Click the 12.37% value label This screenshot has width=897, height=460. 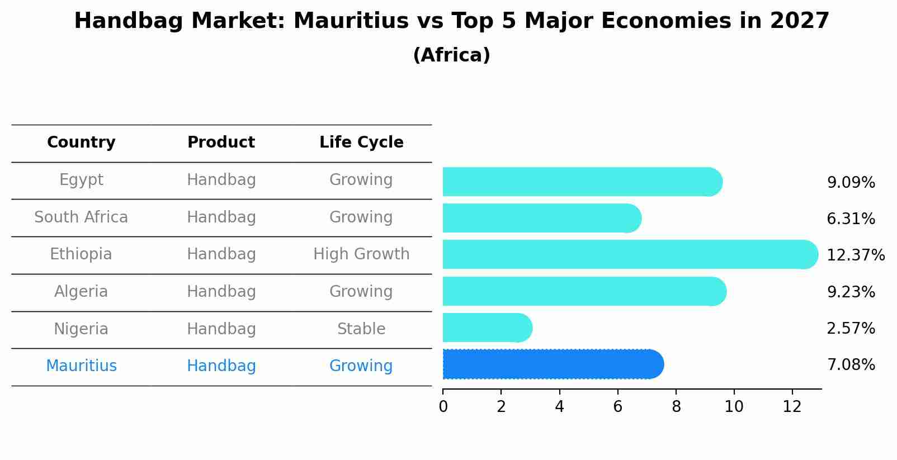(x=855, y=255)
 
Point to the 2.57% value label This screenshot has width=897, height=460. (x=851, y=329)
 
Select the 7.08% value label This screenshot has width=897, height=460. (x=851, y=365)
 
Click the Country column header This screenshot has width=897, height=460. (x=81, y=143)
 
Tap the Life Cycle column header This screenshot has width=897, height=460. (x=361, y=143)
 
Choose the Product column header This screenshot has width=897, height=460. (x=221, y=143)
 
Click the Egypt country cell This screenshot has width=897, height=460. (x=81, y=180)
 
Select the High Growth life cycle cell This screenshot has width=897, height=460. (x=361, y=254)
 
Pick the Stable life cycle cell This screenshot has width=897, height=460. (x=361, y=329)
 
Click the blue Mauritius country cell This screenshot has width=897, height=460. (x=81, y=366)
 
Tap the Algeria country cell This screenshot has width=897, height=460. (x=81, y=292)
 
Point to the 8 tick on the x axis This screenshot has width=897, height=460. (x=676, y=406)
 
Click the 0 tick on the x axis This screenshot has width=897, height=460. (x=443, y=406)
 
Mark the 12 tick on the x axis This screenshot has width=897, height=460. (x=792, y=406)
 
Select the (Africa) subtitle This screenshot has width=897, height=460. (x=451, y=55)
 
